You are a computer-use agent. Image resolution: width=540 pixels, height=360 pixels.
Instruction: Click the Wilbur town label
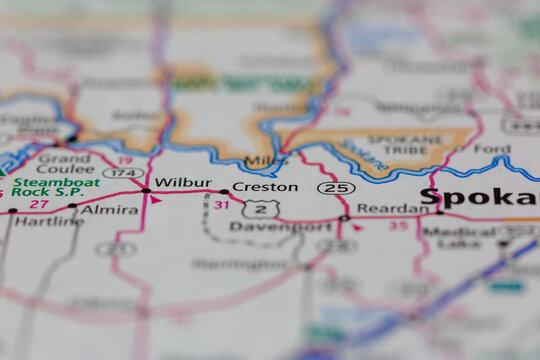click(x=184, y=184)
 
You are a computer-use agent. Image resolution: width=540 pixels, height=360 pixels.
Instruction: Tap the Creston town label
click(x=265, y=187)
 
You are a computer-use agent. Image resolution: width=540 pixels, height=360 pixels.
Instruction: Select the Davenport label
click(x=266, y=227)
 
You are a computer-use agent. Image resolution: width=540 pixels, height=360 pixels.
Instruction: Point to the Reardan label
click(x=393, y=209)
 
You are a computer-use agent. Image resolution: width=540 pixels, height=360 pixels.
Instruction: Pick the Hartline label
click(x=49, y=221)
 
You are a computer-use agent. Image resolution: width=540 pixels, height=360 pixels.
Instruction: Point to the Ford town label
click(x=491, y=149)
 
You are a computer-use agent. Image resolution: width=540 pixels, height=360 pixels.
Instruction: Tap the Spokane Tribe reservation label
click(x=415, y=145)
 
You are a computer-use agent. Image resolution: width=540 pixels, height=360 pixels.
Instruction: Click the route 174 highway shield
click(x=123, y=173)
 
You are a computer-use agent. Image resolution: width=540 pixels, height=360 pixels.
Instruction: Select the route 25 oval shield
click(x=335, y=187)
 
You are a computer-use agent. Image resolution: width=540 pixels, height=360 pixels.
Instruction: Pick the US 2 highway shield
click(x=261, y=208)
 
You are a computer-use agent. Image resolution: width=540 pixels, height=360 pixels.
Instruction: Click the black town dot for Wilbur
click(x=146, y=189)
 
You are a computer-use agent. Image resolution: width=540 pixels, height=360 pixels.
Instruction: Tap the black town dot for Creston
click(x=224, y=191)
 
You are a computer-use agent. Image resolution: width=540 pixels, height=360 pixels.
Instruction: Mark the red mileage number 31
click(x=221, y=205)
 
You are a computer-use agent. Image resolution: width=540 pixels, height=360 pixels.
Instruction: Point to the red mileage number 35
click(x=398, y=225)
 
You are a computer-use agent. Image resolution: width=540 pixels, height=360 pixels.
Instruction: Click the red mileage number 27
click(x=39, y=204)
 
